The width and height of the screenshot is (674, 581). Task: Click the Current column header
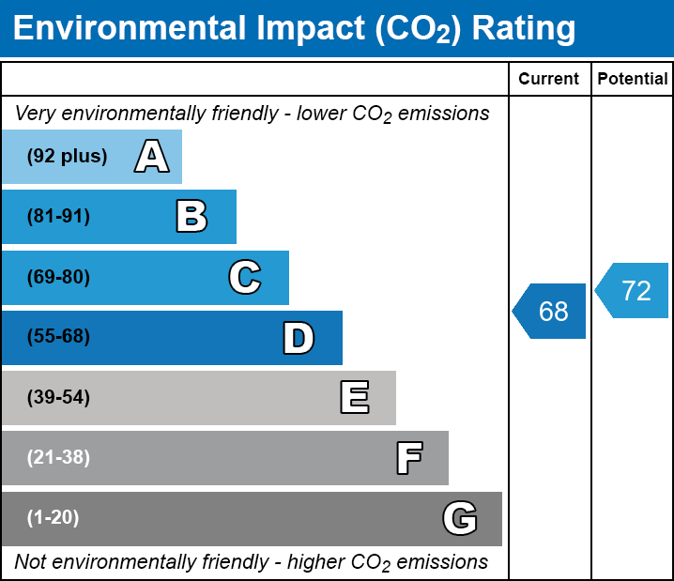click(x=549, y=80)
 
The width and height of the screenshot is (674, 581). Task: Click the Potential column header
click(x=633, y=80)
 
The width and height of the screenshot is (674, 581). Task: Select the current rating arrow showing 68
click(x=551, y=311)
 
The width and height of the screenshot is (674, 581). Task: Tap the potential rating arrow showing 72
click(x=634, y=291)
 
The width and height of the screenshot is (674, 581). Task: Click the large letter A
click(x=151, y=157)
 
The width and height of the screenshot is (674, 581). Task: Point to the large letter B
click(x=191, y=217)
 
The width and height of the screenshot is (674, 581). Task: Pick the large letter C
click(x=245, y=277)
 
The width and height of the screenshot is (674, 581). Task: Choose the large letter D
click(x=299, y=338)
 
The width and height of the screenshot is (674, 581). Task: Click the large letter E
click(x=354, y=398)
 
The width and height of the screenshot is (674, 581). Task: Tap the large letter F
click(x=408, y=458)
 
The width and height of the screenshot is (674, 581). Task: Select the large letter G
click(x=460, y=518)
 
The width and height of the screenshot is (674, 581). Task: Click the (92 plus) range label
click(x=67, y=157)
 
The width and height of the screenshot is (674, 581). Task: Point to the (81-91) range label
click(x=58, y=217)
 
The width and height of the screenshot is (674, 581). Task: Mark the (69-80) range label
click(x=58, y=277)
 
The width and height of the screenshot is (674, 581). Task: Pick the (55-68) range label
click(x=58, y=337)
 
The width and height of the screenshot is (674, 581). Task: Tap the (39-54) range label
click(x=58, y=398)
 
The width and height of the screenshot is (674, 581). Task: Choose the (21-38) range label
click(x=58, y=458)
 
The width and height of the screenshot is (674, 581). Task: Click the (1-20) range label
click(x=54, y=518)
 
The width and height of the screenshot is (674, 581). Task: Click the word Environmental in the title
click(x=130, y=29)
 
